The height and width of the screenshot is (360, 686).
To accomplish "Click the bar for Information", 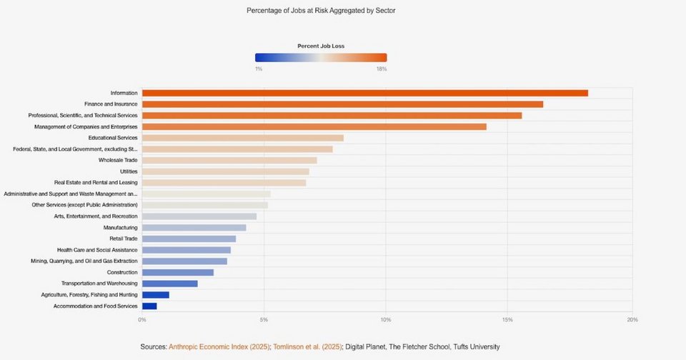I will pos(364,93).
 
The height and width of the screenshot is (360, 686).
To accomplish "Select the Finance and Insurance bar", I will pos(342,104).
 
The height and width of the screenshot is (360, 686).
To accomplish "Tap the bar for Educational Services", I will pos(243,138).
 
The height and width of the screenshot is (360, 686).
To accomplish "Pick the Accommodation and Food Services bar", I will pos(149,306).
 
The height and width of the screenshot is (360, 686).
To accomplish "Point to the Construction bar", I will pos(178,272).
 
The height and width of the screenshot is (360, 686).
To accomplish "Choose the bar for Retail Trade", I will pos(189,239).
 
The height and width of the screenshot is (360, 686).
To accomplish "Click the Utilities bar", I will pos(226,171).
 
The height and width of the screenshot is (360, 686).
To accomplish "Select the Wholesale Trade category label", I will pos(118,160).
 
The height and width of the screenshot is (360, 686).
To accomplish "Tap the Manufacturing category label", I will pos(120,227).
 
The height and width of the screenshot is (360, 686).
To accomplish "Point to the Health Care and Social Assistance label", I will pos(97,250).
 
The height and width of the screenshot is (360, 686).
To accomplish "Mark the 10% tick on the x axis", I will pos(386,319).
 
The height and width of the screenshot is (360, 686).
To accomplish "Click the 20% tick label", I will pos(632,319).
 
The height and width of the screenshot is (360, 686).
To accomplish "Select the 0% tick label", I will pos(142,319).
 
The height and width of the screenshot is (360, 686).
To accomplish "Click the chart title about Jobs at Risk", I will pos(321,11).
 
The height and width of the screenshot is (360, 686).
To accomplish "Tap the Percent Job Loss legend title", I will pos(321,46).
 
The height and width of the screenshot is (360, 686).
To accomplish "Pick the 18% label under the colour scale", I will pos(382,69).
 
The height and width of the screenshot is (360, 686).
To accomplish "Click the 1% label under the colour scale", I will pos(258,69).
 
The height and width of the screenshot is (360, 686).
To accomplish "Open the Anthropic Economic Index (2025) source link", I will pos(219,346).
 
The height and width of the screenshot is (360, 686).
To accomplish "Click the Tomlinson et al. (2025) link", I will pos(307,346).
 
